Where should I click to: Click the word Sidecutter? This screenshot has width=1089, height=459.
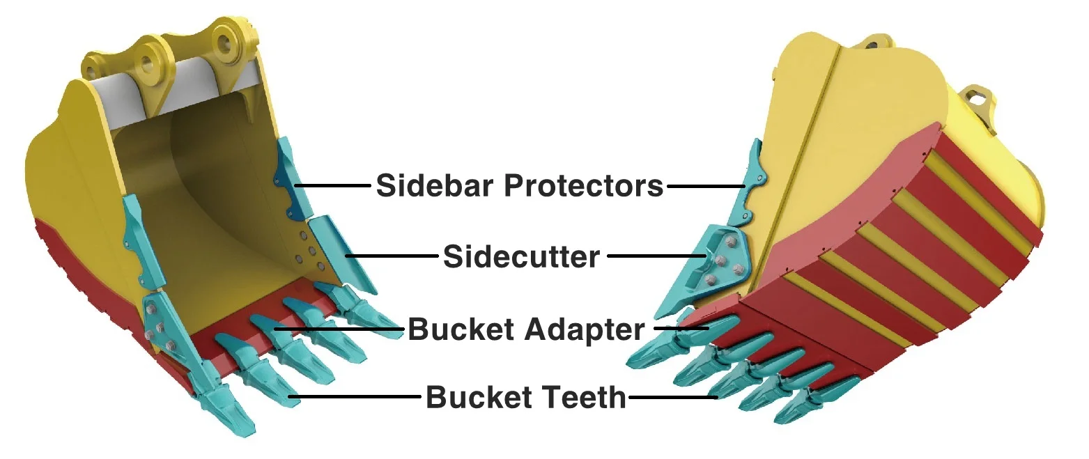pos(521,258)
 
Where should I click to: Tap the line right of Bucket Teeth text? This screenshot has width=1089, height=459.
pos(672,398)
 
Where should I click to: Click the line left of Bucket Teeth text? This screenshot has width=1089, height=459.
pos(355,398)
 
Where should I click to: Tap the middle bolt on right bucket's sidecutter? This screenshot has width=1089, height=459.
pos(722,261)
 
